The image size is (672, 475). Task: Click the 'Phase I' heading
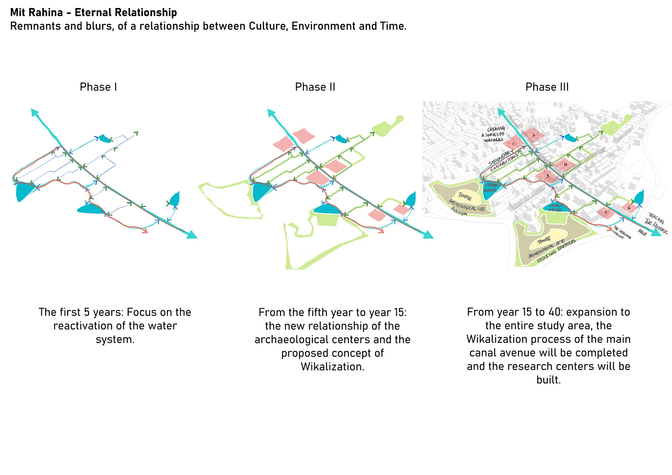[x=98, y=87]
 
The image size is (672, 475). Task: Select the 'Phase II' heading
[x=315, y=87]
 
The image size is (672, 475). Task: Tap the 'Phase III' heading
[x=547, y=87]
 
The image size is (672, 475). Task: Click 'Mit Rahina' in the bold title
[x=36, y=13]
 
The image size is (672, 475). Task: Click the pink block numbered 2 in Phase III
[x=533, y=135]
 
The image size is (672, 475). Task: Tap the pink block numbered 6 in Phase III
[x=629, y=207]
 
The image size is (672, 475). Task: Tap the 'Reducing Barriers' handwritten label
[x=556, y=251]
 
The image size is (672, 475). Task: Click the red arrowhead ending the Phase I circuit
[x=144, y=231]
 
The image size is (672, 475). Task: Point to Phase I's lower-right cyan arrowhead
[x=192, y=235]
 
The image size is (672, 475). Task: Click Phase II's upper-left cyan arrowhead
[x=271, y=112]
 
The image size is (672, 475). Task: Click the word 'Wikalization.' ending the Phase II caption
[x=332, y=367]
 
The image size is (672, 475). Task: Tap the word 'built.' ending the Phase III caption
[x=548, y=380]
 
